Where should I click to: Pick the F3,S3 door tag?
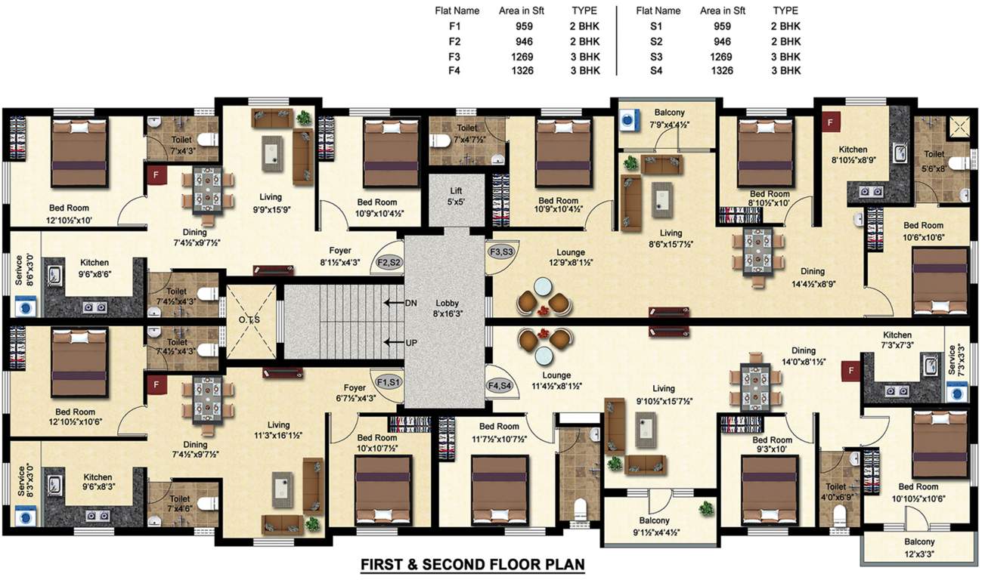(502, 251)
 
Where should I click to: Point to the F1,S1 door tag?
(389, 382)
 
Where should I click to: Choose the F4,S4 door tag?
(500, 386)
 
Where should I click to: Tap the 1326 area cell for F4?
(522, 70)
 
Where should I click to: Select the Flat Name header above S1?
(658, 11)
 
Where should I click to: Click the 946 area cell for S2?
(723, 42)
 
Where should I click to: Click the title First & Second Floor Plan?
(472, 564)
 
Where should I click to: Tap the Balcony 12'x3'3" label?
(919, 548)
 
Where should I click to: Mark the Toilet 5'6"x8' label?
(934, 159)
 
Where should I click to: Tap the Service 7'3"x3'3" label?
(956, 360)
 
